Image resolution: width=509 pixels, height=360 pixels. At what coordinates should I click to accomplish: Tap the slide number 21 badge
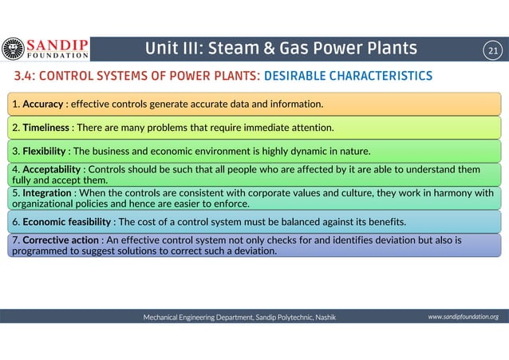pyautogui.click(x=492, y=52)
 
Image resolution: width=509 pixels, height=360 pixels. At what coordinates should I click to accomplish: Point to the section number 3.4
pyautogui.click(x=22, y=76)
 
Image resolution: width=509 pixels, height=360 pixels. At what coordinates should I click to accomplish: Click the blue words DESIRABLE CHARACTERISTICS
pyautogui.click(x=348, y=76)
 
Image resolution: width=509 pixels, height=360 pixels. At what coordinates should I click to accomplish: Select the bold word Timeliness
pyautogui.click(x=46, y=127)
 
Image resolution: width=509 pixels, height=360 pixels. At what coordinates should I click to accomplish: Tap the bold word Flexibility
pyautogui.click(x=45, y=150)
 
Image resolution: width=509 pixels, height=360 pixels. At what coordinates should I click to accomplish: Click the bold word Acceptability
pyautogui.click(x=52, y=169)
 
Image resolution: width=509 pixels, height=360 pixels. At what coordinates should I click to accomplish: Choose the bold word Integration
pyautogui.click(x=47, y=192)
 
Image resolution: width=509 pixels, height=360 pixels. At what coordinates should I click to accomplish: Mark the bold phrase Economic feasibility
pyautogui.click(x=67, y=221)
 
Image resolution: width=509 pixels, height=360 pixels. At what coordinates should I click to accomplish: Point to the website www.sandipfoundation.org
pyautogui.click(x=463, y=317)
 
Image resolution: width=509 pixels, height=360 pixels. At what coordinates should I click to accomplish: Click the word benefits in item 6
pyautogui.click(x=385, y=221)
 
